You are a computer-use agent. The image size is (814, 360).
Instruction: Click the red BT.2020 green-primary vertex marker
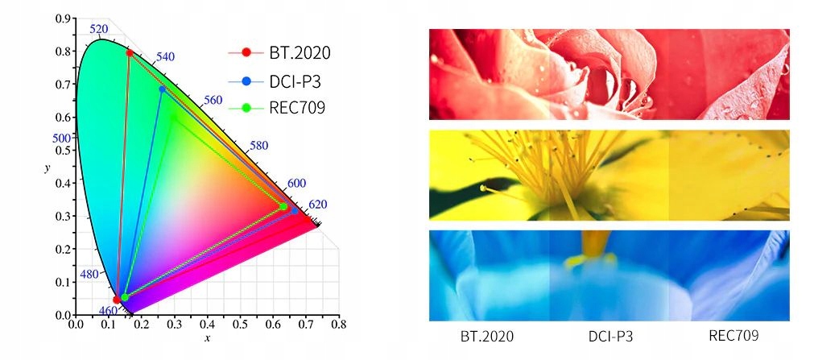pos(130,53)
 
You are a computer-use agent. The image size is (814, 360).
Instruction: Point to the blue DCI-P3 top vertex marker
pos(163,89)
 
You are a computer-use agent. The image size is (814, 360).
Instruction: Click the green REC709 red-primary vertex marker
pos(283,207)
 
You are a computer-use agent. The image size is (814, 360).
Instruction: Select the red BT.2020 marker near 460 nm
pos(117,300)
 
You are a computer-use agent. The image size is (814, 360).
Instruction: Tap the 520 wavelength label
pos(98,30)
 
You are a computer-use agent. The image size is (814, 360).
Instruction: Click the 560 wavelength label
pos(213,100)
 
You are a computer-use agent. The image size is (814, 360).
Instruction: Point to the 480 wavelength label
pos(90,274)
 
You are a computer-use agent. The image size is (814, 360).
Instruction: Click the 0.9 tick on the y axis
pos(60,19)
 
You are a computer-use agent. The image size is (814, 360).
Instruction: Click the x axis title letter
pos(207,338)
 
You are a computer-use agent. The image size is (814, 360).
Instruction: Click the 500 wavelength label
pos(62,138)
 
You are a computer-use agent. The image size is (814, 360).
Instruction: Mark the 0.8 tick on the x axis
pos(339,325)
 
